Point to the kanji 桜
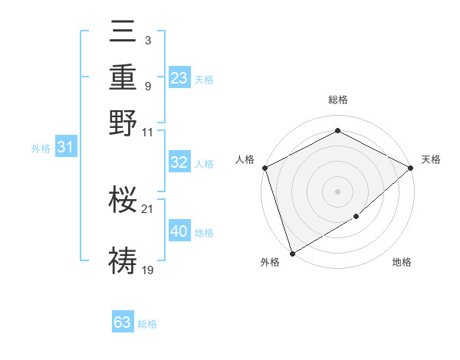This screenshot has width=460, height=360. click(123, 200)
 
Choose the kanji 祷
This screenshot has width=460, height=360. click(123, 260)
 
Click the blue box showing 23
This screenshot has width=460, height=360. click(179, 78)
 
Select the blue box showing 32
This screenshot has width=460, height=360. click(179, 162)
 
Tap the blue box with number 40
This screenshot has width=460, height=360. click(179, 231)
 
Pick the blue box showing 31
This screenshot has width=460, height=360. click(65, 147)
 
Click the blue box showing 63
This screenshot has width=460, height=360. click(123, 322)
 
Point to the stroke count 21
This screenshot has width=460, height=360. click(147, 208)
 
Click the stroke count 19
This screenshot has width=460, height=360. click(148, 270)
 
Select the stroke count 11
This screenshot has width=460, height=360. click(148, 132)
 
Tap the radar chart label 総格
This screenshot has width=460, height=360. click(337, 100)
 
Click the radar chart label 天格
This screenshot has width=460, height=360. click(431, 159)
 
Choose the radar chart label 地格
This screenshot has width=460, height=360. click(402, 262)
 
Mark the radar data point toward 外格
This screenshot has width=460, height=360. click(292, 253)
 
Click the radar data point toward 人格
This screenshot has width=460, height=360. click(264, 168)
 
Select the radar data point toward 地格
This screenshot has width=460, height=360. click(356, 218)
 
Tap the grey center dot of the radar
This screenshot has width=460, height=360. click(337, 191)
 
